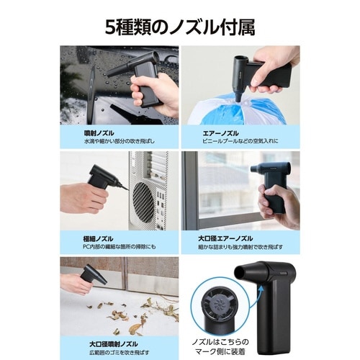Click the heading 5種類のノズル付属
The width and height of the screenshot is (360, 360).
tap(180, 27)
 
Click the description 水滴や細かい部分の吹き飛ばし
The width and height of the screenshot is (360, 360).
tap(108, 143)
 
